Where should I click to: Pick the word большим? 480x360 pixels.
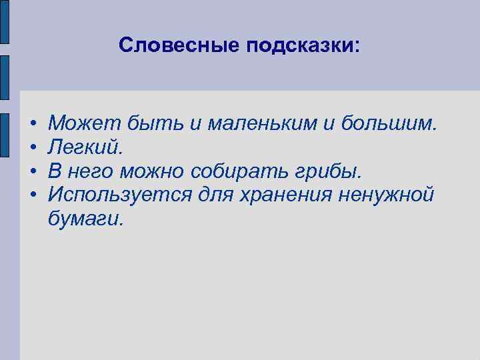389,123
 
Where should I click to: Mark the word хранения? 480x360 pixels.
289,195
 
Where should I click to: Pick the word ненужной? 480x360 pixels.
387,195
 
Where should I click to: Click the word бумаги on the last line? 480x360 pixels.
85,219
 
